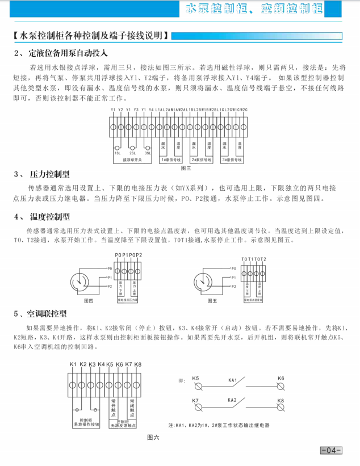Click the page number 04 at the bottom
[331, 451]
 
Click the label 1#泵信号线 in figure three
[170, 160]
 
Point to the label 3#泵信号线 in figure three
[233, 160]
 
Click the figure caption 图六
[153, 437]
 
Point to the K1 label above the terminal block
[73, 364]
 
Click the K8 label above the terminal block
[137, 364]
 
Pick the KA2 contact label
[232, 400]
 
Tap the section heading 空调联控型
[47, 313]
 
